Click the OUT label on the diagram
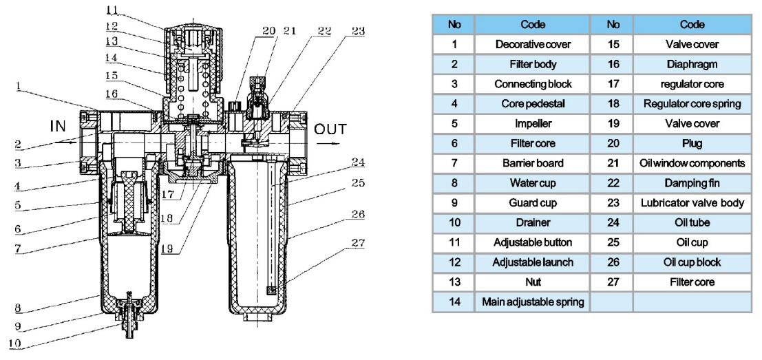(x=330, y=129)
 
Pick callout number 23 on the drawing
(x=358, y=32)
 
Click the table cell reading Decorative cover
(x=533, y=44)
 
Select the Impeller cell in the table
(x=533, y=123)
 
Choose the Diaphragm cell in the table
(x=692, y=64)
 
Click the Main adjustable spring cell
(x=533, y=301)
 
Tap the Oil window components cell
(x=692, y=163)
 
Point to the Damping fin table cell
(x=692, y=183)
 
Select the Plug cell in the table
(x=692, y=143)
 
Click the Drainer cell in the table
(x=533, y=222)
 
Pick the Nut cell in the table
(x=533, y=282)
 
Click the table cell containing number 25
(x=613, y=242)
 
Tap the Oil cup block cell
(x=692, y=262)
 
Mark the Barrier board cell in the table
(x=533, y=163)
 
